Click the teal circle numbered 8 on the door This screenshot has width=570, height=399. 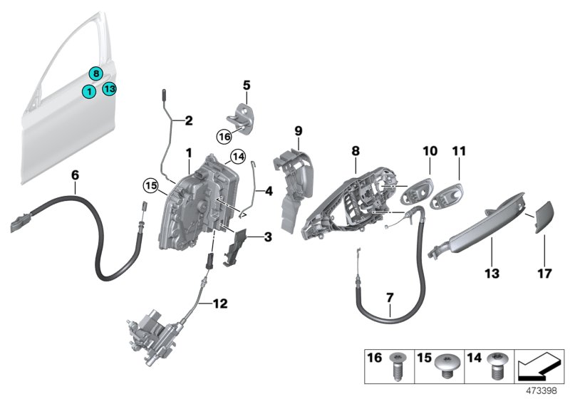point(95,73)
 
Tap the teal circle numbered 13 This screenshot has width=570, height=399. point(108,88)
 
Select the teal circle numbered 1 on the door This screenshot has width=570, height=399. point(88,91)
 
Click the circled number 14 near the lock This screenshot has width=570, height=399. point(237,157)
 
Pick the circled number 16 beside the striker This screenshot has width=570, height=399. point(223,134)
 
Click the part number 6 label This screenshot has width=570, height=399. point(75,173)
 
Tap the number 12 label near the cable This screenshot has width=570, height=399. point(219,304)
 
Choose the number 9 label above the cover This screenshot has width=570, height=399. point(299,130)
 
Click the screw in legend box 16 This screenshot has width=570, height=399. point(398,368)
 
